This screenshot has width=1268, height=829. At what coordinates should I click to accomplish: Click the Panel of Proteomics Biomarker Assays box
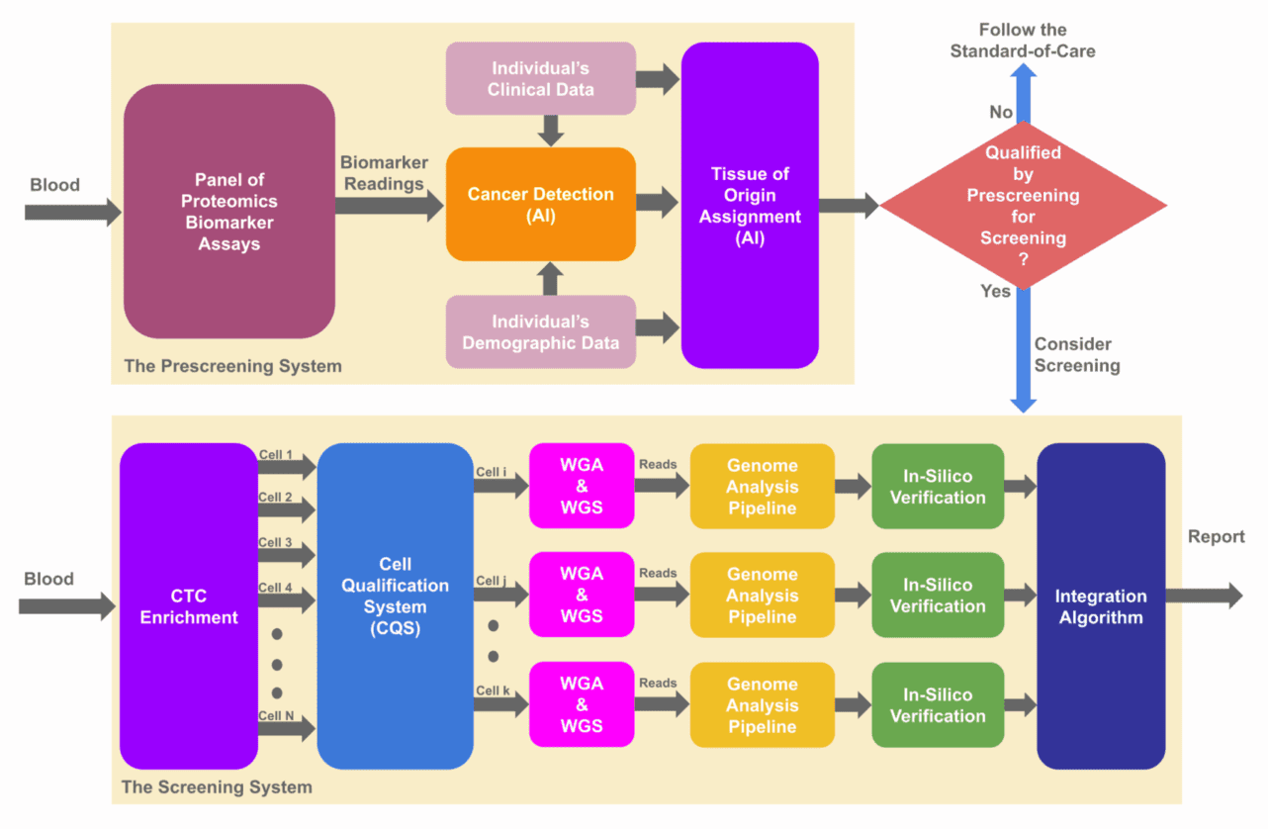click(228, 212)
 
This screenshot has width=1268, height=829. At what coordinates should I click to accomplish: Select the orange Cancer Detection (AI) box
click(540, 205)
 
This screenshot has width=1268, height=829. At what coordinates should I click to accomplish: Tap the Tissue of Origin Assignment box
click(750, 205)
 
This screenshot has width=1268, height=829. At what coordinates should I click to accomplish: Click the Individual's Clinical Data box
click(540, 78)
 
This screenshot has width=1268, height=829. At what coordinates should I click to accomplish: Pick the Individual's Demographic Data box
click(540, 332)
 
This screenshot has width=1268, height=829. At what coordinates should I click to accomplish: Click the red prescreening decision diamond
click(1023, 206)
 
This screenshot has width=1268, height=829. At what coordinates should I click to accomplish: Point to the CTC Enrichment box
click(189, 606)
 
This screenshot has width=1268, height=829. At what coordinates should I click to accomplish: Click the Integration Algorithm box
click(1100, 606)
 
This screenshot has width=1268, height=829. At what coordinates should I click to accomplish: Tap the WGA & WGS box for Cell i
click(581, 486)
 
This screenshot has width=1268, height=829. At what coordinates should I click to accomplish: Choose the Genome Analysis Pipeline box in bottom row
click(762, 704)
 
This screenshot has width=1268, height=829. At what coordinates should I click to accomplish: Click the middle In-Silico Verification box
click(938, 596)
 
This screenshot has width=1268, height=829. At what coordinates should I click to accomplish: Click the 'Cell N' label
click(276, 715)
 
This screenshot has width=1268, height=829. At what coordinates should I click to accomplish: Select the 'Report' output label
click(1216, 537)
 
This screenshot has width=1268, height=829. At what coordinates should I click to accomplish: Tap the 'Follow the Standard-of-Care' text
click(1023, 41)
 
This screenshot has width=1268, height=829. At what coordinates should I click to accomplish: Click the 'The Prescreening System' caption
click(232, 366)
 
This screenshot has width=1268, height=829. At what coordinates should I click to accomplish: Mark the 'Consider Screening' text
click(1077, 355)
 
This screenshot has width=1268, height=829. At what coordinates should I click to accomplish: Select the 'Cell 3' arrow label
click(276, 543)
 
